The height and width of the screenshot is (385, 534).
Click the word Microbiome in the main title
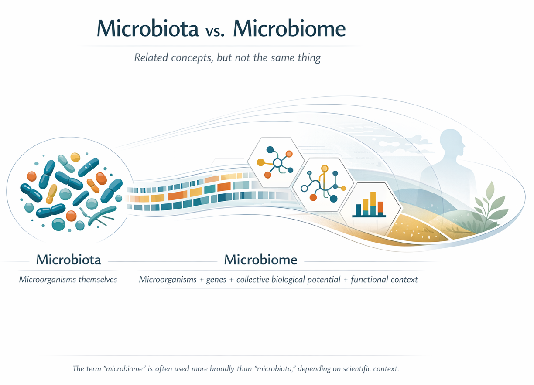click(289, 29)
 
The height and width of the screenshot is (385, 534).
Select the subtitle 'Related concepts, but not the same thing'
click(227, 58)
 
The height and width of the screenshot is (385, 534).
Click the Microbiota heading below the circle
click(68, 260)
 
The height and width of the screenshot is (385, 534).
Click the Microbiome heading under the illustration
click(260, 260)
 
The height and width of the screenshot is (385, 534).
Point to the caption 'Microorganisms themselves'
click(68, 280)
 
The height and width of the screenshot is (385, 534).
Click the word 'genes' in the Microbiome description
click(216, 280)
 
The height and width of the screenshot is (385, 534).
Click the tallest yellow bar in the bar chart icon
click(373, 203)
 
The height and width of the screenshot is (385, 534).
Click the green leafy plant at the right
click(491, 207)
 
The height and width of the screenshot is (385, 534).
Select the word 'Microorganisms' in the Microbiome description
click(168, 280)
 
